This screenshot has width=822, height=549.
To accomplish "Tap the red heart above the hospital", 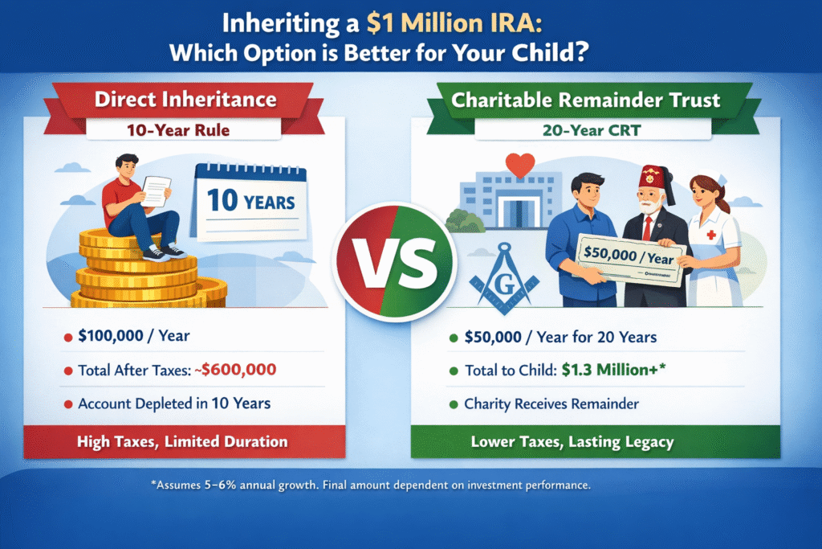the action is pos(520,165).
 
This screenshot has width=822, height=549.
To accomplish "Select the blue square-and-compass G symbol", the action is pos(504,278).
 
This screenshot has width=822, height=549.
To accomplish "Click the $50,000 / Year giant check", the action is pos(629,260).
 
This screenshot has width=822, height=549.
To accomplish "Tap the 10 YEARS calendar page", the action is pos(249,202).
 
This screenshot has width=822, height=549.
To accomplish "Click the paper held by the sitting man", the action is pos(156,191).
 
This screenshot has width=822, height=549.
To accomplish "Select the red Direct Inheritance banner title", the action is pos(185,99).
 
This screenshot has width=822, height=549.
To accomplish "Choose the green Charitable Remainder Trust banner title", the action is pos(585,100).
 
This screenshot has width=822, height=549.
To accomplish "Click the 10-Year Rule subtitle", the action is pos(178,130).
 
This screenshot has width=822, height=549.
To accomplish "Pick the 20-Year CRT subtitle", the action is pos(592,130).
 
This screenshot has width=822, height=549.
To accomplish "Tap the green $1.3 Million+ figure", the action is pos(613,370).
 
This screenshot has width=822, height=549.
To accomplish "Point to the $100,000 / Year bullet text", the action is pos(134,335).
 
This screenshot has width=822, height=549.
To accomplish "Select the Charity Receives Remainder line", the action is pos(551,404).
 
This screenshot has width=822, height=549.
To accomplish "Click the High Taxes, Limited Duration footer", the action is pos(182,441).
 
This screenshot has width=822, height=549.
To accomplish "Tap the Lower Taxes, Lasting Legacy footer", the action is pos(572,442).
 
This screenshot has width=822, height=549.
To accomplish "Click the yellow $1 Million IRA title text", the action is pos(454,23).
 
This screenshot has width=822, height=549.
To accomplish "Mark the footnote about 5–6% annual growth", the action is pos(371,485).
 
